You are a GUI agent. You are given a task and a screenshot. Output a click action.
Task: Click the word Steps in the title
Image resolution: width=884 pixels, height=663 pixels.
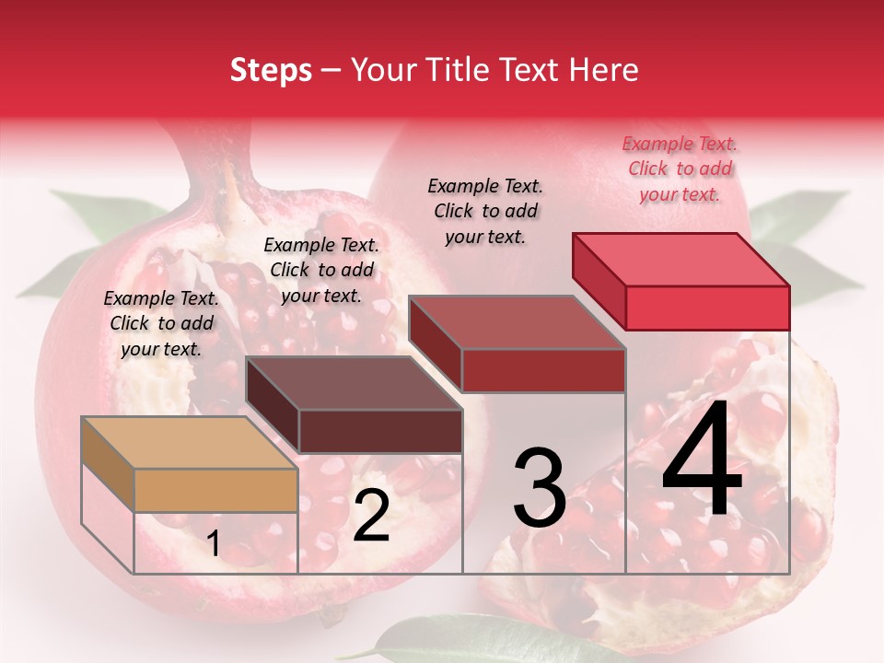pos(271,70)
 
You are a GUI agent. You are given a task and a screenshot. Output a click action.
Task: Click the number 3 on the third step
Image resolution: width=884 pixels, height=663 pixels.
pos(540,488)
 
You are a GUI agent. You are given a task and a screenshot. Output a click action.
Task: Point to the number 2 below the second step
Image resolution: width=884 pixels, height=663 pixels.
pos(371,516)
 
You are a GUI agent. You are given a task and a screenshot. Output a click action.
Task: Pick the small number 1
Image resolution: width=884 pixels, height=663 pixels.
pos(214,543)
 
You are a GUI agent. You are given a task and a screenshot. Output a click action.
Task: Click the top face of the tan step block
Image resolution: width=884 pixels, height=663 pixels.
pos(189,443)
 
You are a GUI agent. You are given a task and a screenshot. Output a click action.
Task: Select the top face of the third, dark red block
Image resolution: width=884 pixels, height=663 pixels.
pos(517,322)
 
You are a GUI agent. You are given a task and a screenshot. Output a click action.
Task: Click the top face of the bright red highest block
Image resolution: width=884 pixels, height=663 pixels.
pos(680,260)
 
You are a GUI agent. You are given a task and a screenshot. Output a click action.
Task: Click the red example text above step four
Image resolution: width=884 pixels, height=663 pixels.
pos(680,169)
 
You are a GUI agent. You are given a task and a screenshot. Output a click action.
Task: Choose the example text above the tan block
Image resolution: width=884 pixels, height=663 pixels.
pos(161,323)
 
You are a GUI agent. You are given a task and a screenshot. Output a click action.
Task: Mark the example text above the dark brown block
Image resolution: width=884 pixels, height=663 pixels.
pos(321,270)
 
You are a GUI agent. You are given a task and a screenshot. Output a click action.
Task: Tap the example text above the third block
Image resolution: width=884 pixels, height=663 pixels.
pos(485,211)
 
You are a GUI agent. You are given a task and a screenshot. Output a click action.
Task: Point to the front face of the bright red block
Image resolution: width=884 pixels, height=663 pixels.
pos(707,308)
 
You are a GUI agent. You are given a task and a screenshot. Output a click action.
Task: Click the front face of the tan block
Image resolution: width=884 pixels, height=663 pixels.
pos(215,490)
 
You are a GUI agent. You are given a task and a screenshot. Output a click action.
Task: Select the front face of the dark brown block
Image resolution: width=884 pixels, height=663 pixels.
pos(380,431)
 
